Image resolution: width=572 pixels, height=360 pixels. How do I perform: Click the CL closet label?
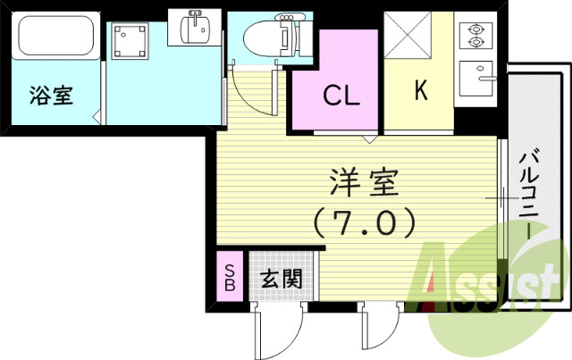341,96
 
